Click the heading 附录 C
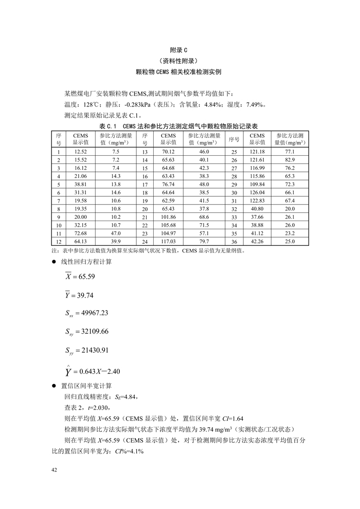(x=179, y=50)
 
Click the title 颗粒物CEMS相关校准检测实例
(x=179, y=72)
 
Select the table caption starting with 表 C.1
(x=179, y=125)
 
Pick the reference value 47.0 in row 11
(x=116, y=233)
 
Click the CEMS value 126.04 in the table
(x=257, y=192)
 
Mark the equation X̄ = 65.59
(x=80, y=276)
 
